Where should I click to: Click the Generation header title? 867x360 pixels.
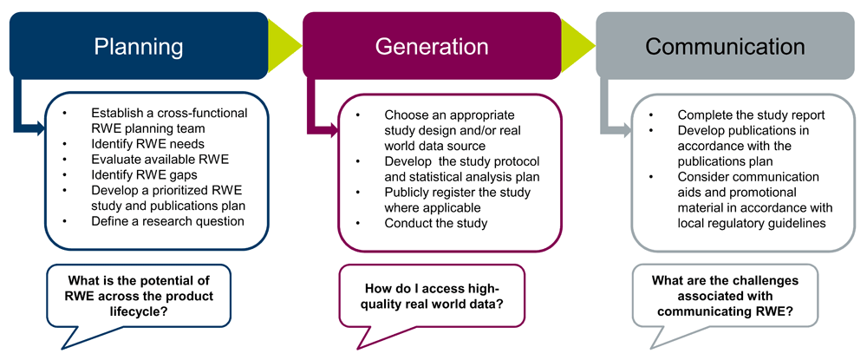(432, 46)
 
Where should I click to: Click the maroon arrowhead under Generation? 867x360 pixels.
(330, 129)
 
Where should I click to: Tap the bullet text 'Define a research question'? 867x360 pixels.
(169, 221)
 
